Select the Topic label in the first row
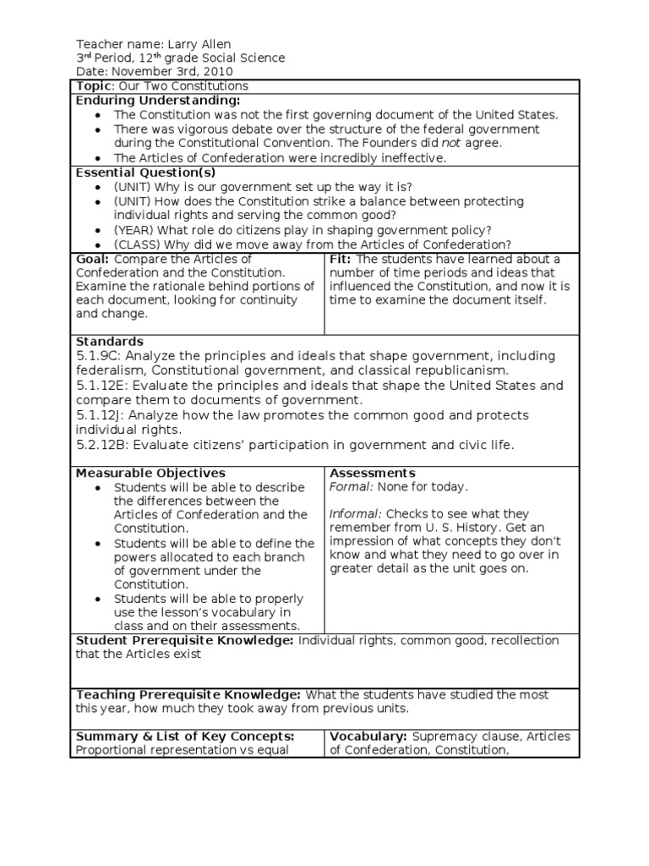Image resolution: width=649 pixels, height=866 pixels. point(93,86)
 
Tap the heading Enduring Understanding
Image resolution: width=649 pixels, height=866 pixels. point(158,101)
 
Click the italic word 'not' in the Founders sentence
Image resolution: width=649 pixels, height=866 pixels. point(452,143)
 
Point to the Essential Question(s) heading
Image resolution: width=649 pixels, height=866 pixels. point(146,172)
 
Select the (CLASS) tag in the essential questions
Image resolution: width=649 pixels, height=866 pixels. point(137,244)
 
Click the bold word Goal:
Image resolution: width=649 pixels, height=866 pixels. point(93,259)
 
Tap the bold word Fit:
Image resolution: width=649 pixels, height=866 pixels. point(341,259)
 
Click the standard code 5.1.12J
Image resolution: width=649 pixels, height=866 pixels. point(104,415)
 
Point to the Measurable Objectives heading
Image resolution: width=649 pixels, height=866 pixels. point(150,473)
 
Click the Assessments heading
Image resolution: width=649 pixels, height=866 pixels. point(372,473)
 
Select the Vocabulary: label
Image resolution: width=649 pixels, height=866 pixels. point(368,736)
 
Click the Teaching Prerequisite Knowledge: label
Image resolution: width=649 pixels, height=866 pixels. point(185,694)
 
